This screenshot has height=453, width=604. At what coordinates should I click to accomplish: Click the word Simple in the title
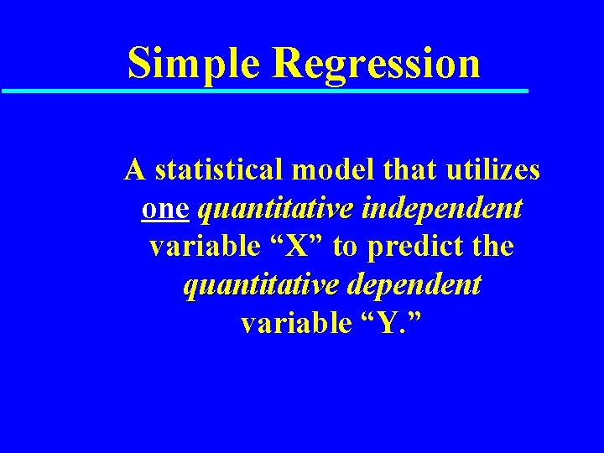coord(193,63)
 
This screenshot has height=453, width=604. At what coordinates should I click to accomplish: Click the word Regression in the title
coord(377,63)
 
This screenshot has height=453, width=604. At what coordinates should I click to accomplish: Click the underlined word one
coord(164,209)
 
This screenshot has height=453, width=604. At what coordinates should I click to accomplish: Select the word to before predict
coord(347,247)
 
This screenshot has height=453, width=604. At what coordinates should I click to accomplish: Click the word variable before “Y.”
coord(289,323)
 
